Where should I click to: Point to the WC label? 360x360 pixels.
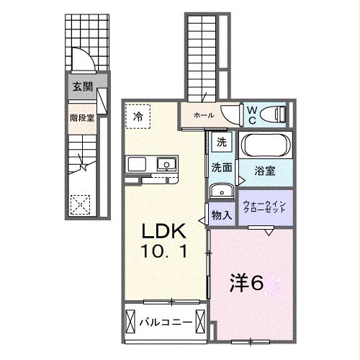pyautogui.click(x=253, y=113)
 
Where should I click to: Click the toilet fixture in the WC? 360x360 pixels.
pyautogui.click(x=275, y=113)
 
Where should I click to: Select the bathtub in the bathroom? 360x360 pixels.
pyautogui.click(x=266, y=145)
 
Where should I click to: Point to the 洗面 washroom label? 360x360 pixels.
pyautogui.click(x=221, y=168)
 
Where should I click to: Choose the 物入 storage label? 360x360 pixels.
pyautogui.click(x=221, y=215)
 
